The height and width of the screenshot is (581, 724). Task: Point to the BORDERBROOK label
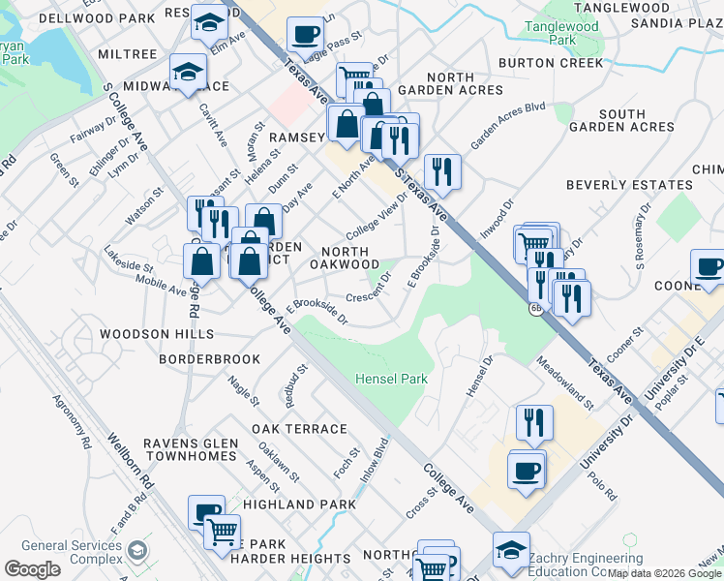coord(210,359)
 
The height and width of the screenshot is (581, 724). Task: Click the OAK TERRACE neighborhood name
coord(299,429)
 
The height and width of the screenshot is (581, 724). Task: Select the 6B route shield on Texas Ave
coord(535,309)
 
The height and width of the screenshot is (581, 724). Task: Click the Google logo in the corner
coord(32,568)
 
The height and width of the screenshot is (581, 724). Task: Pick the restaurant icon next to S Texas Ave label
coord(441,172)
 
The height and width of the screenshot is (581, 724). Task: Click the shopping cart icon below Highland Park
coord(223,531)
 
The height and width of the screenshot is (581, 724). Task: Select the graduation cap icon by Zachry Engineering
coord(511,550)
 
